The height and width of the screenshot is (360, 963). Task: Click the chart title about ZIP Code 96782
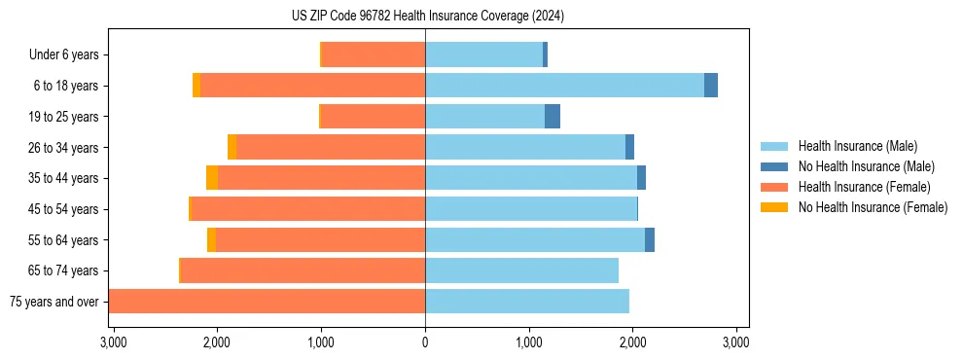point(427,16)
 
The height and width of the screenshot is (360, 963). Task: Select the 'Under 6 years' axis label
point(63,55)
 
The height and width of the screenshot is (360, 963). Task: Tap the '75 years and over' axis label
point(53,302)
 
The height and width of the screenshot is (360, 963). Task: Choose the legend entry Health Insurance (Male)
point(857,146)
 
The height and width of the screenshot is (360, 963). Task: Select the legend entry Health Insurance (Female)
point(864,187)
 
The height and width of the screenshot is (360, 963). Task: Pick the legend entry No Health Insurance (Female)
point(873,207)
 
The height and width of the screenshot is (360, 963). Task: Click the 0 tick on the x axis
point(425,343)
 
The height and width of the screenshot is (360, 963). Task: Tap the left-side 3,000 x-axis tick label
point(113,343)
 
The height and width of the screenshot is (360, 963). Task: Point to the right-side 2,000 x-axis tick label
point(632,343)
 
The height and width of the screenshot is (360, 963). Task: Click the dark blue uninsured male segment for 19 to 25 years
point(553,117)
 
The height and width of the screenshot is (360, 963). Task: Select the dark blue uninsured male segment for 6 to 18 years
point(711,86)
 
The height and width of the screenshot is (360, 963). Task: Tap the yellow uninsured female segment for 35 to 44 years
point(212,178)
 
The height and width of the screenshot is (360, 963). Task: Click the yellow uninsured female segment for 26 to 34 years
point(232,147)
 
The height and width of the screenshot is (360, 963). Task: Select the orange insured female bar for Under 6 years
point(373,54)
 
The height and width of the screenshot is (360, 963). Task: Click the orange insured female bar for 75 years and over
point(267,302)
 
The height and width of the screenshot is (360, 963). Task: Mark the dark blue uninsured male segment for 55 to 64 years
point(650,239)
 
